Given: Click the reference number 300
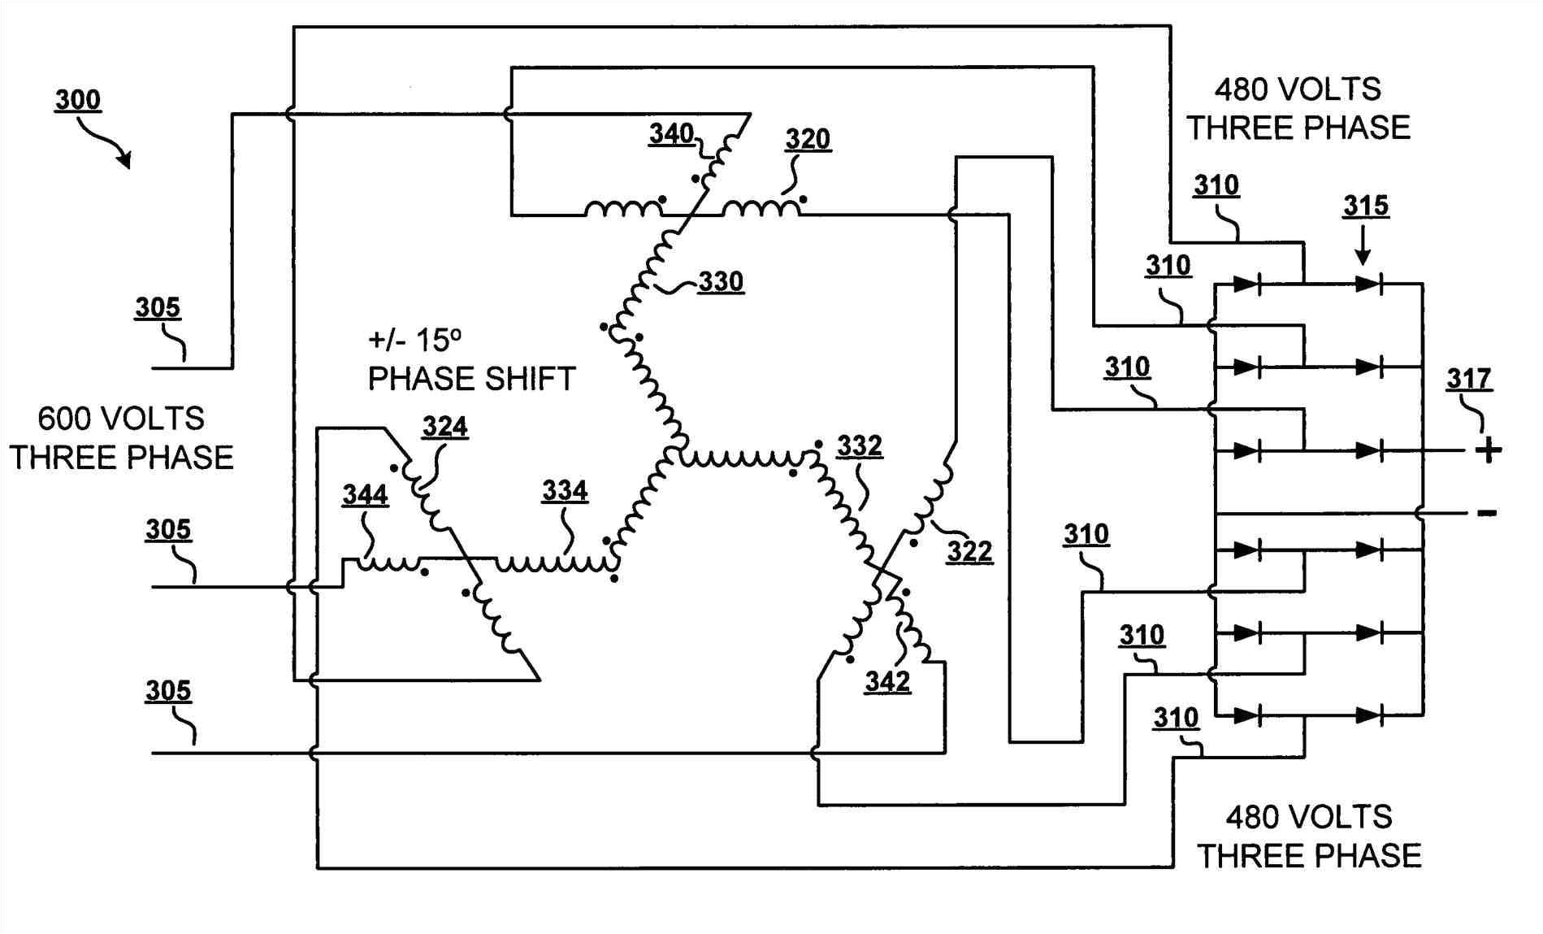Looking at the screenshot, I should [78, 100].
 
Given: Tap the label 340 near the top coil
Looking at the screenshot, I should [671, 133].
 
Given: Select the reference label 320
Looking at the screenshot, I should [808, 139].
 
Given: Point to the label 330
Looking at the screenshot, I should [721, 282].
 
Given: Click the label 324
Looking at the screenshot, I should [444, 427].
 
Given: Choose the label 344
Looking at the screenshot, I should [365, 494].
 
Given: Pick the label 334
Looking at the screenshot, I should [565, 491].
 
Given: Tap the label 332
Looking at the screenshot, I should [860, 445].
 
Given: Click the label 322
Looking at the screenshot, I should [969, 552].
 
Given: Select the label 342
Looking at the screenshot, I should [887, 681].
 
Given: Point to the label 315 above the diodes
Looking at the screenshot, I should [1366, 206].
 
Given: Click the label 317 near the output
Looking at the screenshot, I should [1469, 379].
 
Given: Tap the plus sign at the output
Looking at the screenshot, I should [1488, 450].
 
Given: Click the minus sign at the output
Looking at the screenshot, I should [1487, 513].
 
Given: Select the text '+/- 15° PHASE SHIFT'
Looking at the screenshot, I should [471, 359].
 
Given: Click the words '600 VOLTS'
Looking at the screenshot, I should [121, 419].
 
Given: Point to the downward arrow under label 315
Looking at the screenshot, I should [1363, 246].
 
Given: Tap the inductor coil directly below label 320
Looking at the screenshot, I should [761, 210].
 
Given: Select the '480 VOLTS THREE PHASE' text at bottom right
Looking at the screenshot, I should [1309, 836].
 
